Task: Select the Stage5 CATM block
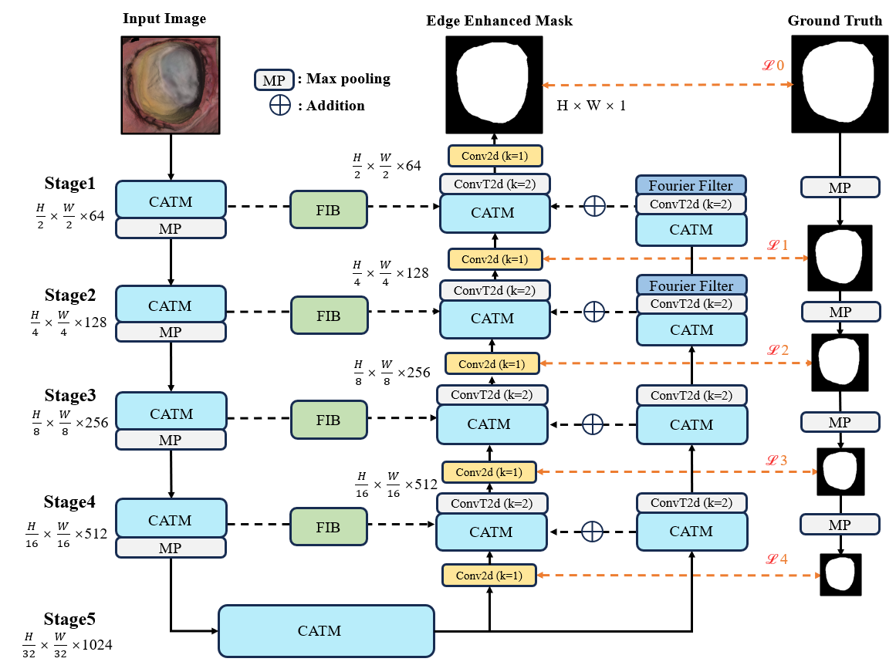point(326,630)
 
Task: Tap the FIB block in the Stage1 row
point(327,209)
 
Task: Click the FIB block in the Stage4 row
point(327,527)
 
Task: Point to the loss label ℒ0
point(773,66)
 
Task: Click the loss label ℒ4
point(776,559)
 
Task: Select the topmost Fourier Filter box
point(691,185)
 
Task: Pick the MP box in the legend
point(273,79)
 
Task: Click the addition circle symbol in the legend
point(279,105)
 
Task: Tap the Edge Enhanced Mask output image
point(495,84)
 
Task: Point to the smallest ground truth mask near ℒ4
point(840,575)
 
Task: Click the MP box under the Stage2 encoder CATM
point(171,332)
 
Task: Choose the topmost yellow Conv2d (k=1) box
point(495,156)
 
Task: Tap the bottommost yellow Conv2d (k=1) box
point(489,576)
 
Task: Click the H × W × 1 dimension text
point(591,105)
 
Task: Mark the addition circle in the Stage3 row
point(592,424)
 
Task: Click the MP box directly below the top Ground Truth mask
point(840,187)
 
